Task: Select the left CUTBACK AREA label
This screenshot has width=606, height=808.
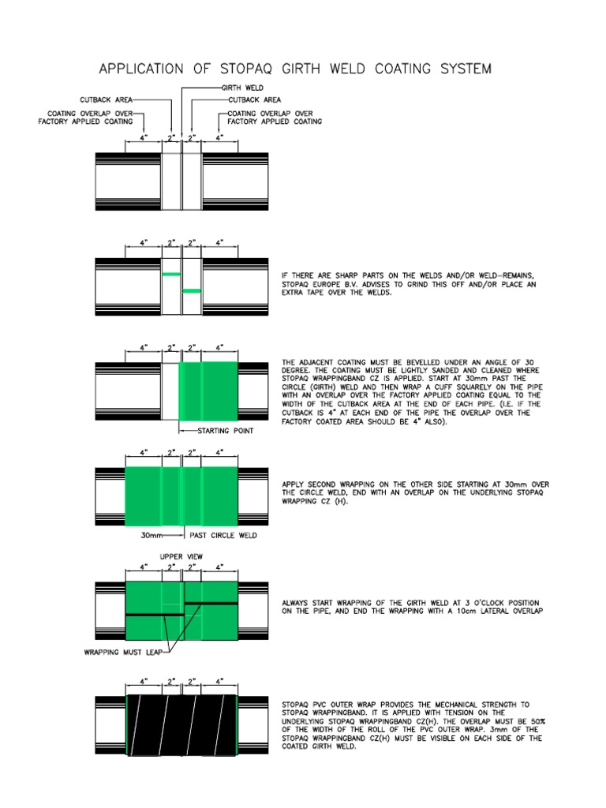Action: click(107, 100)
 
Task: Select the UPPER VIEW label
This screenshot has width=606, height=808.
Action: click(182, 556)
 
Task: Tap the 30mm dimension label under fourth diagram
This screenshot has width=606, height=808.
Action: click(152, 534)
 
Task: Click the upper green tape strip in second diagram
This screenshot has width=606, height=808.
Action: click(172, 275)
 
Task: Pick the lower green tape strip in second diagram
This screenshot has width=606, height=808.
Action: click(192, 291)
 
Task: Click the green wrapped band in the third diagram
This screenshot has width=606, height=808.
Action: click(208, 391)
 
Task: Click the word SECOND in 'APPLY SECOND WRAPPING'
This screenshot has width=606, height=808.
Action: click(324, 484)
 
